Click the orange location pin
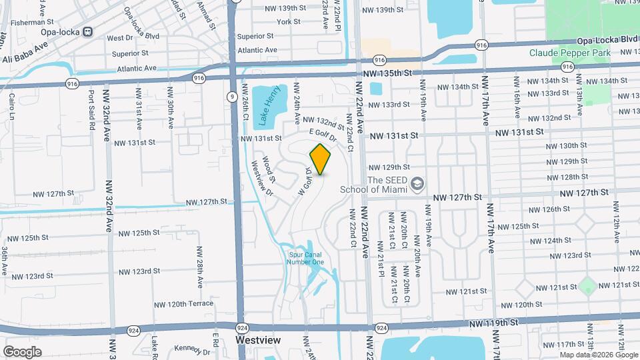321,159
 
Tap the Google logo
22,351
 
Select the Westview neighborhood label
259,340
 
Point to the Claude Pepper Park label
570,53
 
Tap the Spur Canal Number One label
306,257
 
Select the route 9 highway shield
231,97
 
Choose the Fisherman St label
23,22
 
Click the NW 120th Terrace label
171,304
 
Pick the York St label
289,21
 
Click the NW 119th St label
494,323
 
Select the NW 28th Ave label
199,267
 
